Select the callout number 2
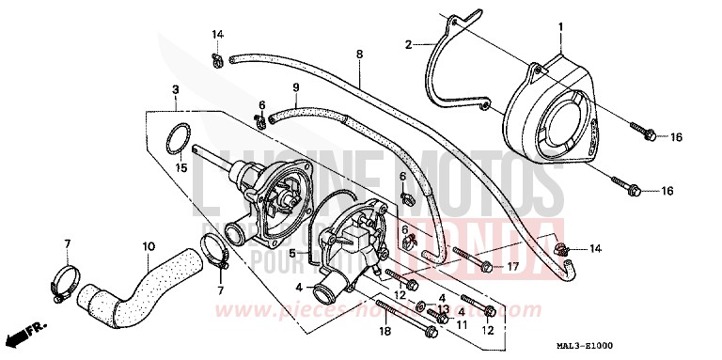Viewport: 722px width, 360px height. (409, 44)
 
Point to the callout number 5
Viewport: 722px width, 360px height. (293, 253)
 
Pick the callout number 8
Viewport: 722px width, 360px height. (359, 56)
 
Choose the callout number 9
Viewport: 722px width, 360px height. (295, 88)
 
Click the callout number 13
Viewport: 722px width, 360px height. (443, 309)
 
